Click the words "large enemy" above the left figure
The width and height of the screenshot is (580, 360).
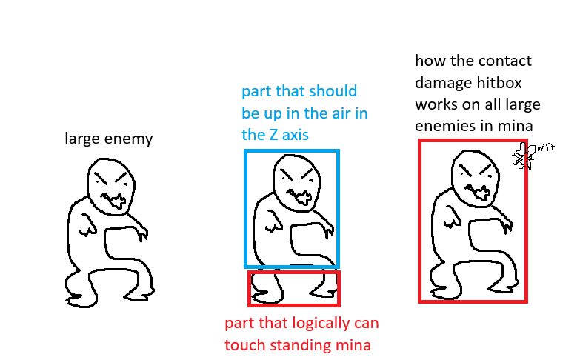point(109,139)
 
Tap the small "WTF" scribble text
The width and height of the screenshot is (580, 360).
point(547,148)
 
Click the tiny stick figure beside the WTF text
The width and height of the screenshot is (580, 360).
point(524,156)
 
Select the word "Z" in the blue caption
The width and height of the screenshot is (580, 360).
point(274,135)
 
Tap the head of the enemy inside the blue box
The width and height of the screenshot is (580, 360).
point(297,183)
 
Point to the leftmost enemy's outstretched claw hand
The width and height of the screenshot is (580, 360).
point(142,234)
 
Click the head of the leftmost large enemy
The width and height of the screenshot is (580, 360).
point(111,187)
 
